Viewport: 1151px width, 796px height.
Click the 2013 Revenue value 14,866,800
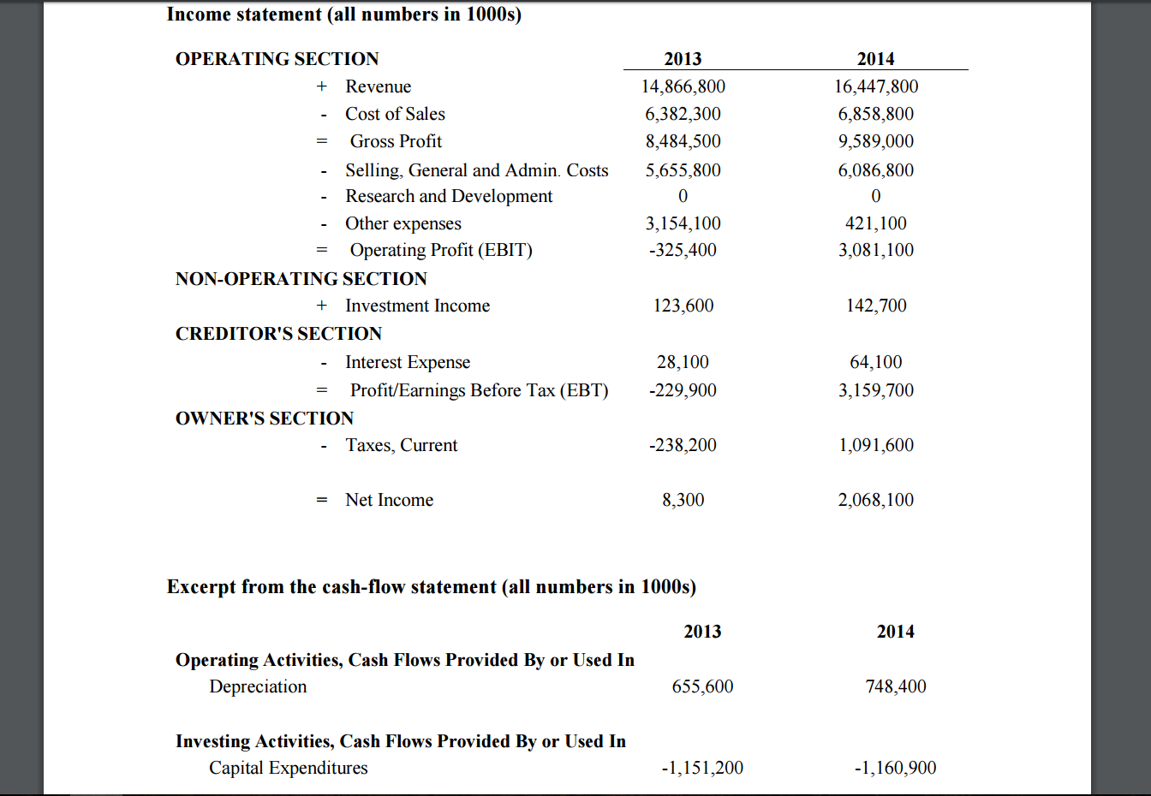tap(683, 86)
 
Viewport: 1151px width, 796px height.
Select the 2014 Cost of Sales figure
tap(875, 114)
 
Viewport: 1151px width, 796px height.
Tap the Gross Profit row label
tap(396, 141)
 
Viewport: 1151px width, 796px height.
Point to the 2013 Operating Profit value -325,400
tap(683, 250)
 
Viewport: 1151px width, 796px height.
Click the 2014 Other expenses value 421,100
tap(875, 223)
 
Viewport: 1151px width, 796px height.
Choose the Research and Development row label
tap(449, 196)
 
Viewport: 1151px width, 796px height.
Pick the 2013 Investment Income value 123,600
tap(683, 306)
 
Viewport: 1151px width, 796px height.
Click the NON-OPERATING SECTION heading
tap(301, 279)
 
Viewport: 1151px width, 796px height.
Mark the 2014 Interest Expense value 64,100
tap(875, 362)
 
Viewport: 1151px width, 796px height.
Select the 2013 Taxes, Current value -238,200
tap(683, 445)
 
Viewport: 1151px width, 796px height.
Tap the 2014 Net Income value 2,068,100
tap(875, 500)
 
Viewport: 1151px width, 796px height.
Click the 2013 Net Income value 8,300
tap(683, 500)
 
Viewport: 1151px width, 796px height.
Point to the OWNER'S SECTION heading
tap(265, 419)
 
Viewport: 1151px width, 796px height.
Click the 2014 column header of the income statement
tap(875, 58)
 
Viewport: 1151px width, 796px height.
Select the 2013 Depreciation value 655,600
tap(702, 686)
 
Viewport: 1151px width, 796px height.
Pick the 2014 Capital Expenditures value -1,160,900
tap(895, 768)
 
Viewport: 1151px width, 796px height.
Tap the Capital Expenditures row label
tap(289, 768)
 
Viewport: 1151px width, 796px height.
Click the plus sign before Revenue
tap(322, 86)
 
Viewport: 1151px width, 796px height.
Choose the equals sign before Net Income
tap(322, 500)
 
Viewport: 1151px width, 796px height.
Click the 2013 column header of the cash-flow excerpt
tap(702, 631)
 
